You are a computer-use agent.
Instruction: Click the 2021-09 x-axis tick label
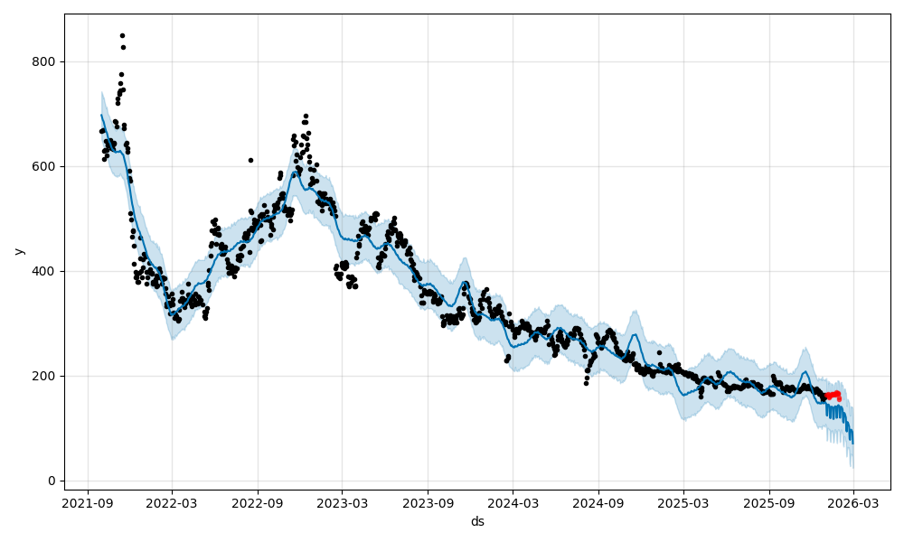(87, 502)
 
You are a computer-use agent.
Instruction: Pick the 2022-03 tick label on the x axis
(172, 502)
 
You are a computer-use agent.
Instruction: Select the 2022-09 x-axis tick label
(258, 502)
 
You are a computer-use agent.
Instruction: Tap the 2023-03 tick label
(342, 502)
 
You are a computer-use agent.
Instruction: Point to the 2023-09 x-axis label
(428, 502)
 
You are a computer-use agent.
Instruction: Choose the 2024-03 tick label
(513, 502)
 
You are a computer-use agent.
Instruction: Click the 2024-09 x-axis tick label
(598, 502)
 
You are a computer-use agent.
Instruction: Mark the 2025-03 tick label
(683, 502)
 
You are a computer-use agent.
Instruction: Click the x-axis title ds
(477, 521)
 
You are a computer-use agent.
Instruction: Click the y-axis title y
(18, 251)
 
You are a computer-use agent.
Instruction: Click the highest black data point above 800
(122, 35)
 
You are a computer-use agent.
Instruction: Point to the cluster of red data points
(833, 395)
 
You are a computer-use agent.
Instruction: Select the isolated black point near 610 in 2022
(250, 160)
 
